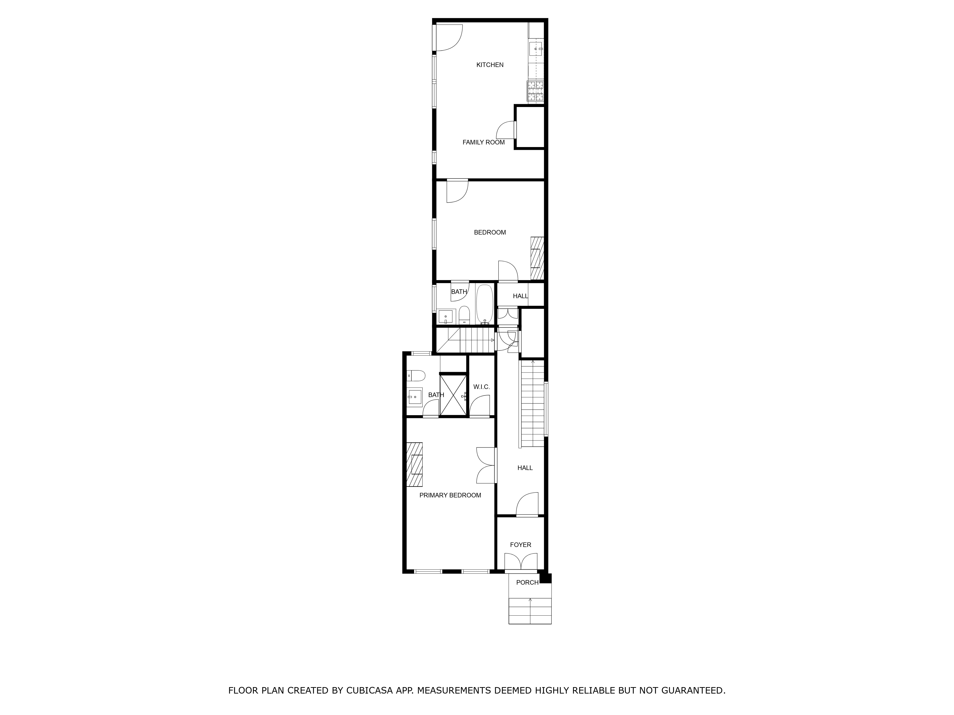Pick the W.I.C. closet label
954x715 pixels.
click(481, 387)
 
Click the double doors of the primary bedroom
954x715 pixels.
click(486, 465)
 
